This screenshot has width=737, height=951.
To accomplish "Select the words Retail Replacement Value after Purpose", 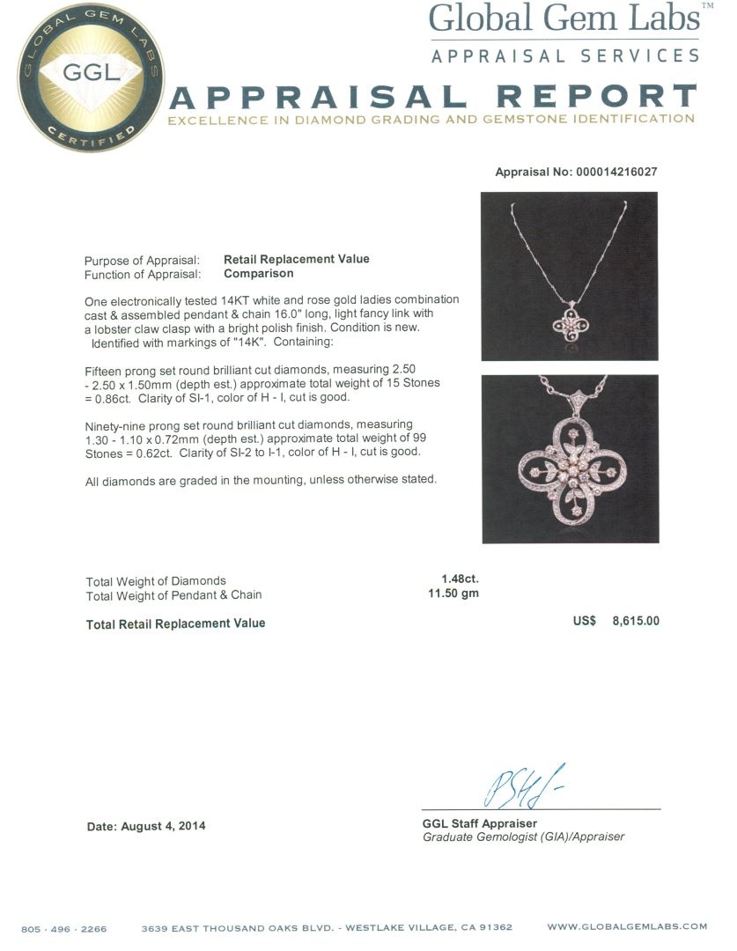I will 297,259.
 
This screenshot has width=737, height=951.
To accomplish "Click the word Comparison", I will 258,273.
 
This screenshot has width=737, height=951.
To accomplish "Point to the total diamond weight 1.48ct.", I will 460,579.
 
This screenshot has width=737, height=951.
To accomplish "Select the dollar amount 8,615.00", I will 636,621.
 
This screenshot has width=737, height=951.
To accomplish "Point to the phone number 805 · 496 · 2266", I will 64,927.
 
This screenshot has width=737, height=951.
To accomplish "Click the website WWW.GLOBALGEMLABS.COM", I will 627,926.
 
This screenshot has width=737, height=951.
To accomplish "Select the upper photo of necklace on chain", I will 569,276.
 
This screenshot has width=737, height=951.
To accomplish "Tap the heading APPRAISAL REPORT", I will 431,98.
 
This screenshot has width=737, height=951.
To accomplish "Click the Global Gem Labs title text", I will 564,19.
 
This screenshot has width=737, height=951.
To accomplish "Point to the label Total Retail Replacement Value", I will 175,623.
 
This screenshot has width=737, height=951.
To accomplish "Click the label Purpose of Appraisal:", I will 142,260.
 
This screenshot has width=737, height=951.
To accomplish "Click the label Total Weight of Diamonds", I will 156,580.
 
